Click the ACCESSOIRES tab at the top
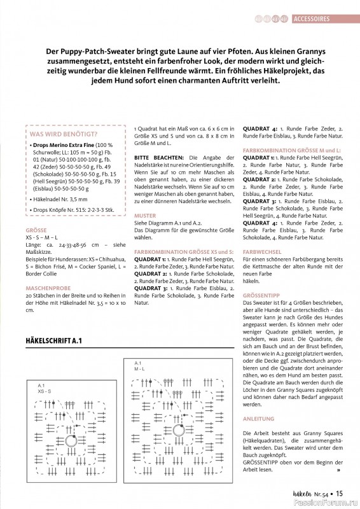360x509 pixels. pyautogui.click(x=316, y=19)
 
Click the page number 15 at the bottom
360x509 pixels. pyautogui.click(x=340, y=492)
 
